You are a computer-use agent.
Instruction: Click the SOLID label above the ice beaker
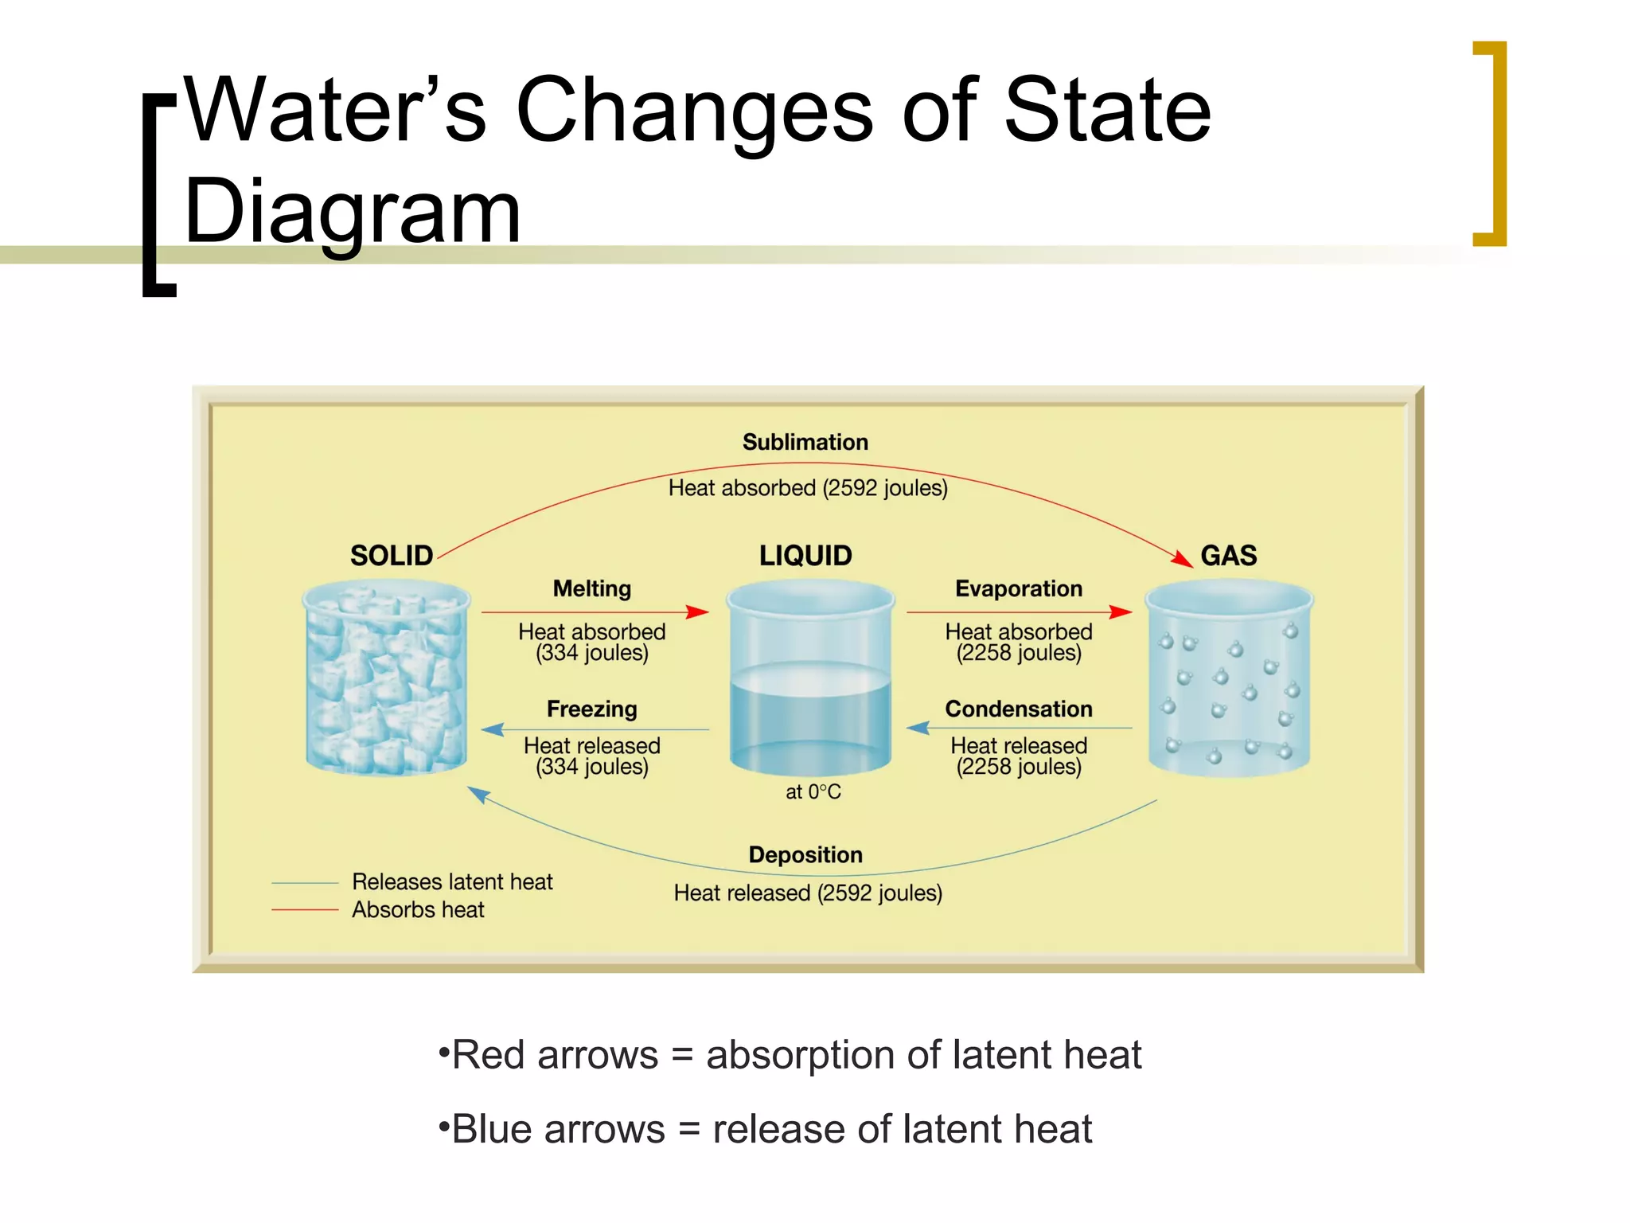pyautogui.click(x=391, y=555)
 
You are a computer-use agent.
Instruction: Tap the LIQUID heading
pyautogui.click(x=805, y=555)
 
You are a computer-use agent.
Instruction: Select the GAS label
pyautogui.click(x=1228, y=555)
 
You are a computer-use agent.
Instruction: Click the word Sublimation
pyautogui.click(x=805, y=442)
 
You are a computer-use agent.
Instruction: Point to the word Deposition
pyautogui.click(x=805, y=854)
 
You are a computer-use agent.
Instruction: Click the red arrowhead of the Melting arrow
pyautogui.click(x=697, y=611)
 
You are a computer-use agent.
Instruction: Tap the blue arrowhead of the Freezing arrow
pyautogui.click(x=493, y=729)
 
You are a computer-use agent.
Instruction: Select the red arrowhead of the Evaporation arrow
pyautogui.click(x=1121, y=611)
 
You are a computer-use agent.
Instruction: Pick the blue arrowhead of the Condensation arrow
pyautogui.click(x=918, y=728)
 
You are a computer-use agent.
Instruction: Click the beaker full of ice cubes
pyautogui.click(x=387, y=677)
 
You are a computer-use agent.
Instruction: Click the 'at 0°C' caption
pyautogui.click(x=813, y=791)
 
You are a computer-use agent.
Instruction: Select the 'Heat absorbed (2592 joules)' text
pyautogui.click(x=807, y=487)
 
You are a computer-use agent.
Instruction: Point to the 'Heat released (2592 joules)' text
pyautogui.click(x=807, y=893)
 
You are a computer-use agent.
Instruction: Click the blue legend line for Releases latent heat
pyautogui.click(x=305, y=883)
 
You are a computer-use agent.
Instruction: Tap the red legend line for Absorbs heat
pyautogui.click(x=305, y=909)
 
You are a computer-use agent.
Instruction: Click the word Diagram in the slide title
pyautogui.click(x=352, y=212)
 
